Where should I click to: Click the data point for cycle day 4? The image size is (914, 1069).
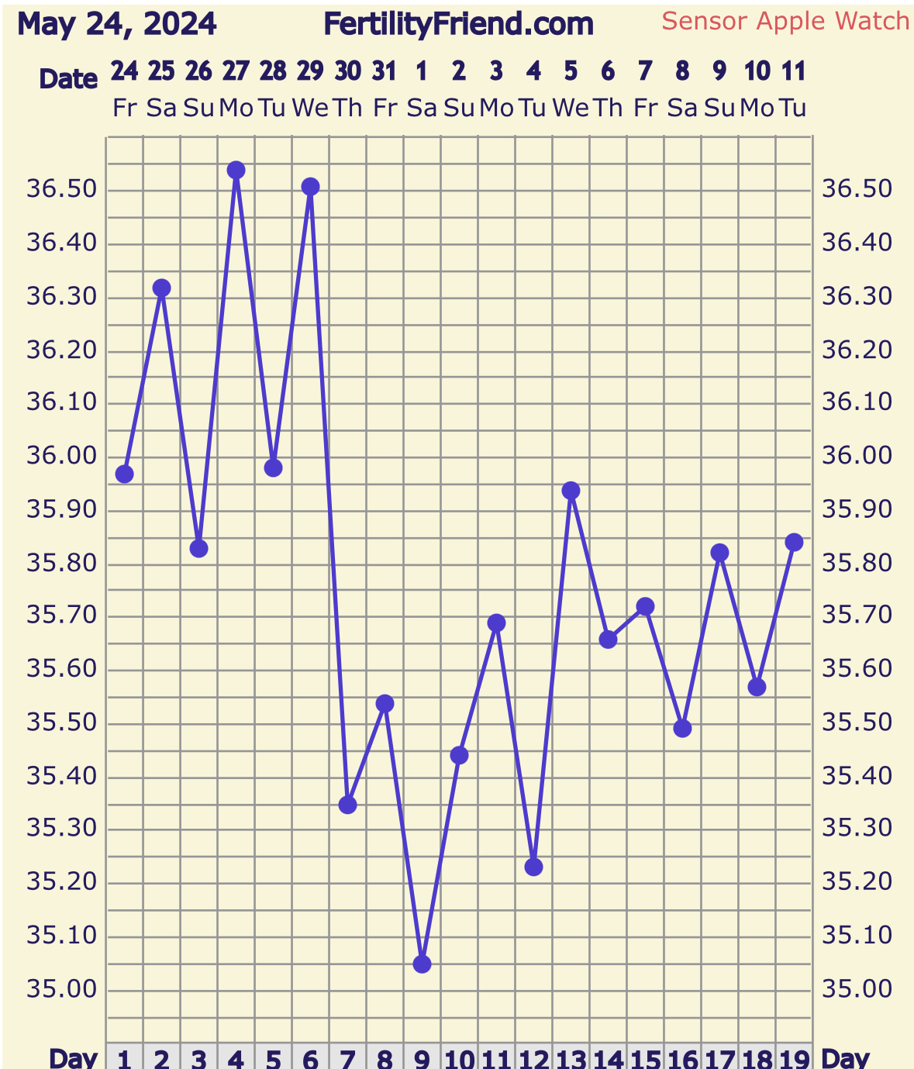tap(236, 170)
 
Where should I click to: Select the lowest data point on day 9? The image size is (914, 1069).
tap(422, 964)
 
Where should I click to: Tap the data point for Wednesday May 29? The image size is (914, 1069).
tap(310, 187)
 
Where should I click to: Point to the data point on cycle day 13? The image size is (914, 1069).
tap(571, 491)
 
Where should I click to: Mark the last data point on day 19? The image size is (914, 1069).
tap(794, 542)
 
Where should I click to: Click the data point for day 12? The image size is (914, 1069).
tap(533, 867)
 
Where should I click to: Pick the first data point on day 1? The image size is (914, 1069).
tap(124, 474)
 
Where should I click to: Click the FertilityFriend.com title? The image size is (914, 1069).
tap(458, 25)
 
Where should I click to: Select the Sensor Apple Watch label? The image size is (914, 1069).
tap(785, 21)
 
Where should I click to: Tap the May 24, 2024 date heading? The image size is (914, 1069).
tap(117, 25)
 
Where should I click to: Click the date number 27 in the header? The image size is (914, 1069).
tap(236, 72)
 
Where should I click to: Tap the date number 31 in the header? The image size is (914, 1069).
tap(385, 72)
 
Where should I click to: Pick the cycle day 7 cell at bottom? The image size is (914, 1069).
tap(347, 1058)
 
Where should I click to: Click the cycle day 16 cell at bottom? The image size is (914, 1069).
tap(682, 1058)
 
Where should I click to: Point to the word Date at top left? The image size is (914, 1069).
tap(68, 79)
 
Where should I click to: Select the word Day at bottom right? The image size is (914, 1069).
tap(845, 1058)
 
